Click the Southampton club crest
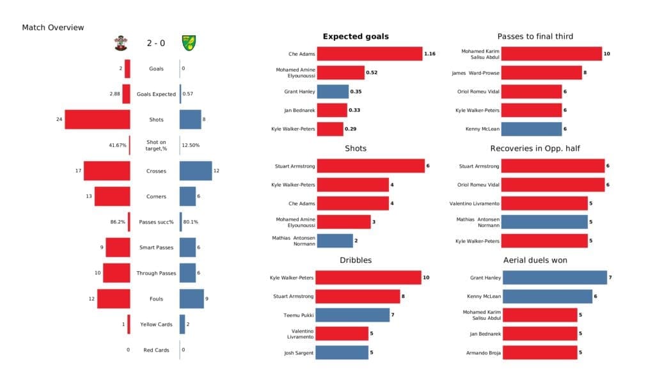click(x=119, y=43)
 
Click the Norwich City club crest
click(x=189, y=43)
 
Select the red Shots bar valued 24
click(x=97, y=120)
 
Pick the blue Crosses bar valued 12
click(x=196, y=171)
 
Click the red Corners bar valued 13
click(x=113, y=196)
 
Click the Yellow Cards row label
click(x=155, y=324)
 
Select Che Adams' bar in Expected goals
click(x=369, y=54)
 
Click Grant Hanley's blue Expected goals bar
click(x=333, y=91)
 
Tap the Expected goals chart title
click(x=356, y=37)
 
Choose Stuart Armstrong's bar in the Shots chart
click(x=370, y=166)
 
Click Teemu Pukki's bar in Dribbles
click(x=352, y=315)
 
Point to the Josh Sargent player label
click(x=299, y=353)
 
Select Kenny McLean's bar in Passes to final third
click(x=532, y=129)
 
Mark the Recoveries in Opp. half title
click(x=535, y=148)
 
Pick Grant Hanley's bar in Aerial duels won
click(x=555, y=278)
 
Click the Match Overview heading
click(x=53, y=27)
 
